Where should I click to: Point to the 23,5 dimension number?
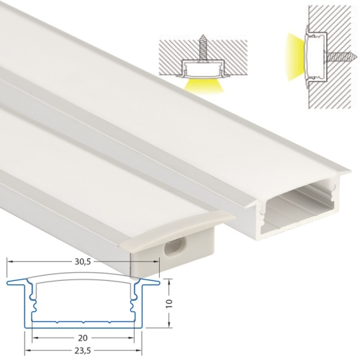(x=84, y=352)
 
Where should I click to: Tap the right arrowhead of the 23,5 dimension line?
(x=139, y=347)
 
